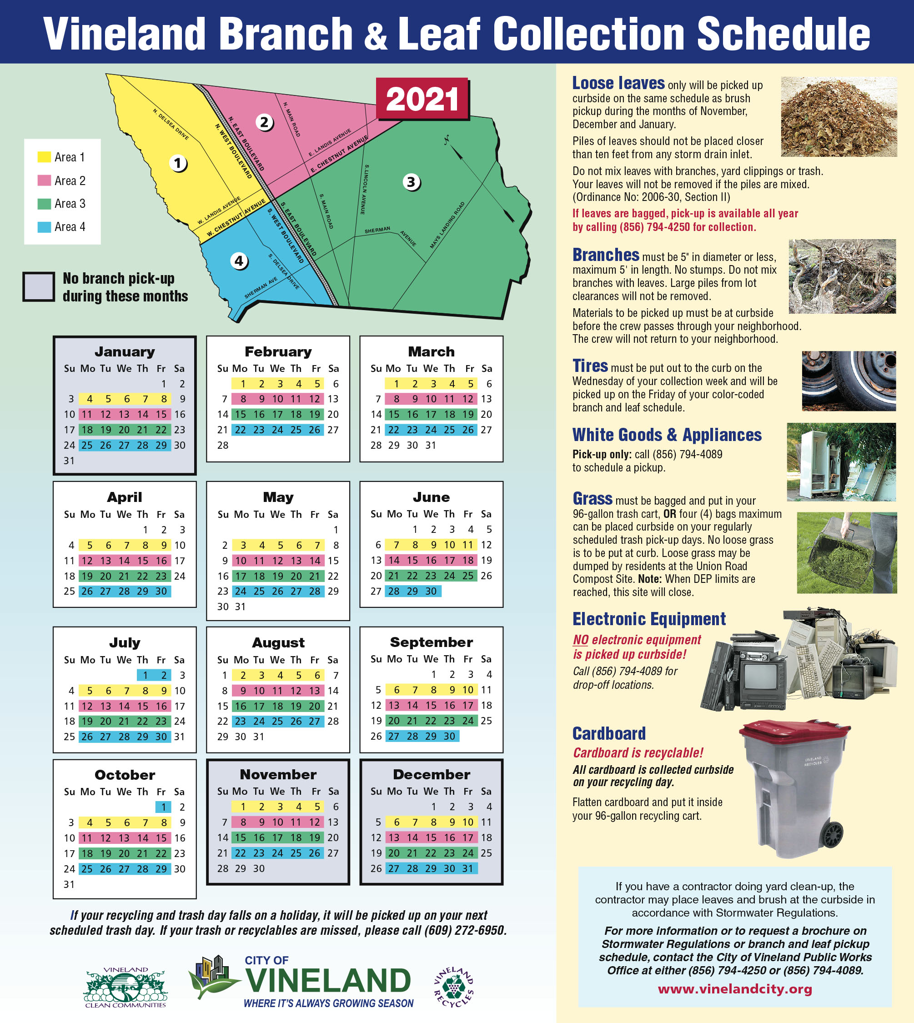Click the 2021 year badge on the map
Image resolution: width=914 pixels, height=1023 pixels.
422,99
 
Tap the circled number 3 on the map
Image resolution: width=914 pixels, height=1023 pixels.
411,182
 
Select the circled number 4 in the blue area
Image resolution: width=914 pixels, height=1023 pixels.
239,261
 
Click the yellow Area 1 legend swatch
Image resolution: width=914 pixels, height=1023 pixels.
44,157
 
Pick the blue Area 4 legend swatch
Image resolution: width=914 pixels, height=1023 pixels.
44,227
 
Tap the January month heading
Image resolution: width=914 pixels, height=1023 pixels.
125,351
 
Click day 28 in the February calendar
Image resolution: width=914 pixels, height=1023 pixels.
222,446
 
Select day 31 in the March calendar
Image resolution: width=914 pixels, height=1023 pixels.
430,446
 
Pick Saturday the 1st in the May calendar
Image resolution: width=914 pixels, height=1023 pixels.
336,530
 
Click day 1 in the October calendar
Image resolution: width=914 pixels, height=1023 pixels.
163,807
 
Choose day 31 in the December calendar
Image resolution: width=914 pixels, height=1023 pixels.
467,868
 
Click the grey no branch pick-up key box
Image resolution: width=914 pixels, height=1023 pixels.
39,287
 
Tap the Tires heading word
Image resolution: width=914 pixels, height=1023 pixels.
590,366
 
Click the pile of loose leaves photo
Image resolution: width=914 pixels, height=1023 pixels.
839,116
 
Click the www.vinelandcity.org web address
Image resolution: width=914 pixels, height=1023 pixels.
735,989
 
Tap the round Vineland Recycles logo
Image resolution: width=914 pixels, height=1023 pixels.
453,987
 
